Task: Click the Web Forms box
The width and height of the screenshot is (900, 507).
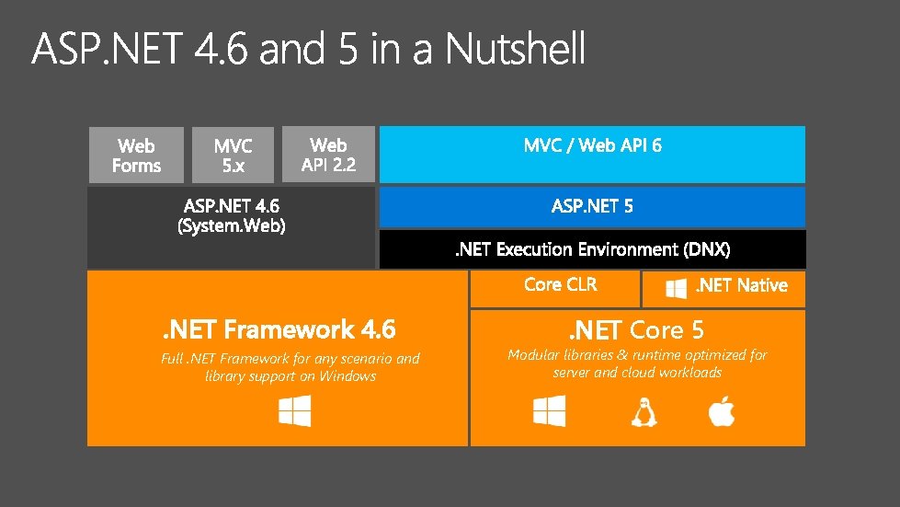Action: (x=136, y=156)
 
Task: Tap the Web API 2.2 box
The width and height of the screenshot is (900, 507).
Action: (x=328, y=155)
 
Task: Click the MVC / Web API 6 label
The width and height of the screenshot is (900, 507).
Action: (x=592, y=145)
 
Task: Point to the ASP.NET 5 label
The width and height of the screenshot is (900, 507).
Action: (x=592, y=207)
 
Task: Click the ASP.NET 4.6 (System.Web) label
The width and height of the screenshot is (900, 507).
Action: (x=232, y=216)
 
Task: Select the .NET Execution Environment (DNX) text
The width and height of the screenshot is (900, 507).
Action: (x=593, y=249)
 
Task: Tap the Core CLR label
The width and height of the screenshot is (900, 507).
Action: (x=560, y=285)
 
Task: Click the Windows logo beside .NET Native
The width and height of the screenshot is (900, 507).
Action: (x=677, y=288)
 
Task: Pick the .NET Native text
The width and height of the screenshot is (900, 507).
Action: (x=741, y=286)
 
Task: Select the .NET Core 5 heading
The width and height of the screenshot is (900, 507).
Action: (x=636, y=329)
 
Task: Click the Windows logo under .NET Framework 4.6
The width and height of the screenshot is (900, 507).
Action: (x=295, y=410)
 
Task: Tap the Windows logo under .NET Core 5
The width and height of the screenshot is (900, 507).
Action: (x=550, y=410)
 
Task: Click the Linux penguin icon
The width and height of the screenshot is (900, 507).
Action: (x=644, y=411)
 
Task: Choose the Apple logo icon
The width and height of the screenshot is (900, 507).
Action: (x=722, y=410)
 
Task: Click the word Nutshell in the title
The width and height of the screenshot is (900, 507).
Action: (x=516, y=50)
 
